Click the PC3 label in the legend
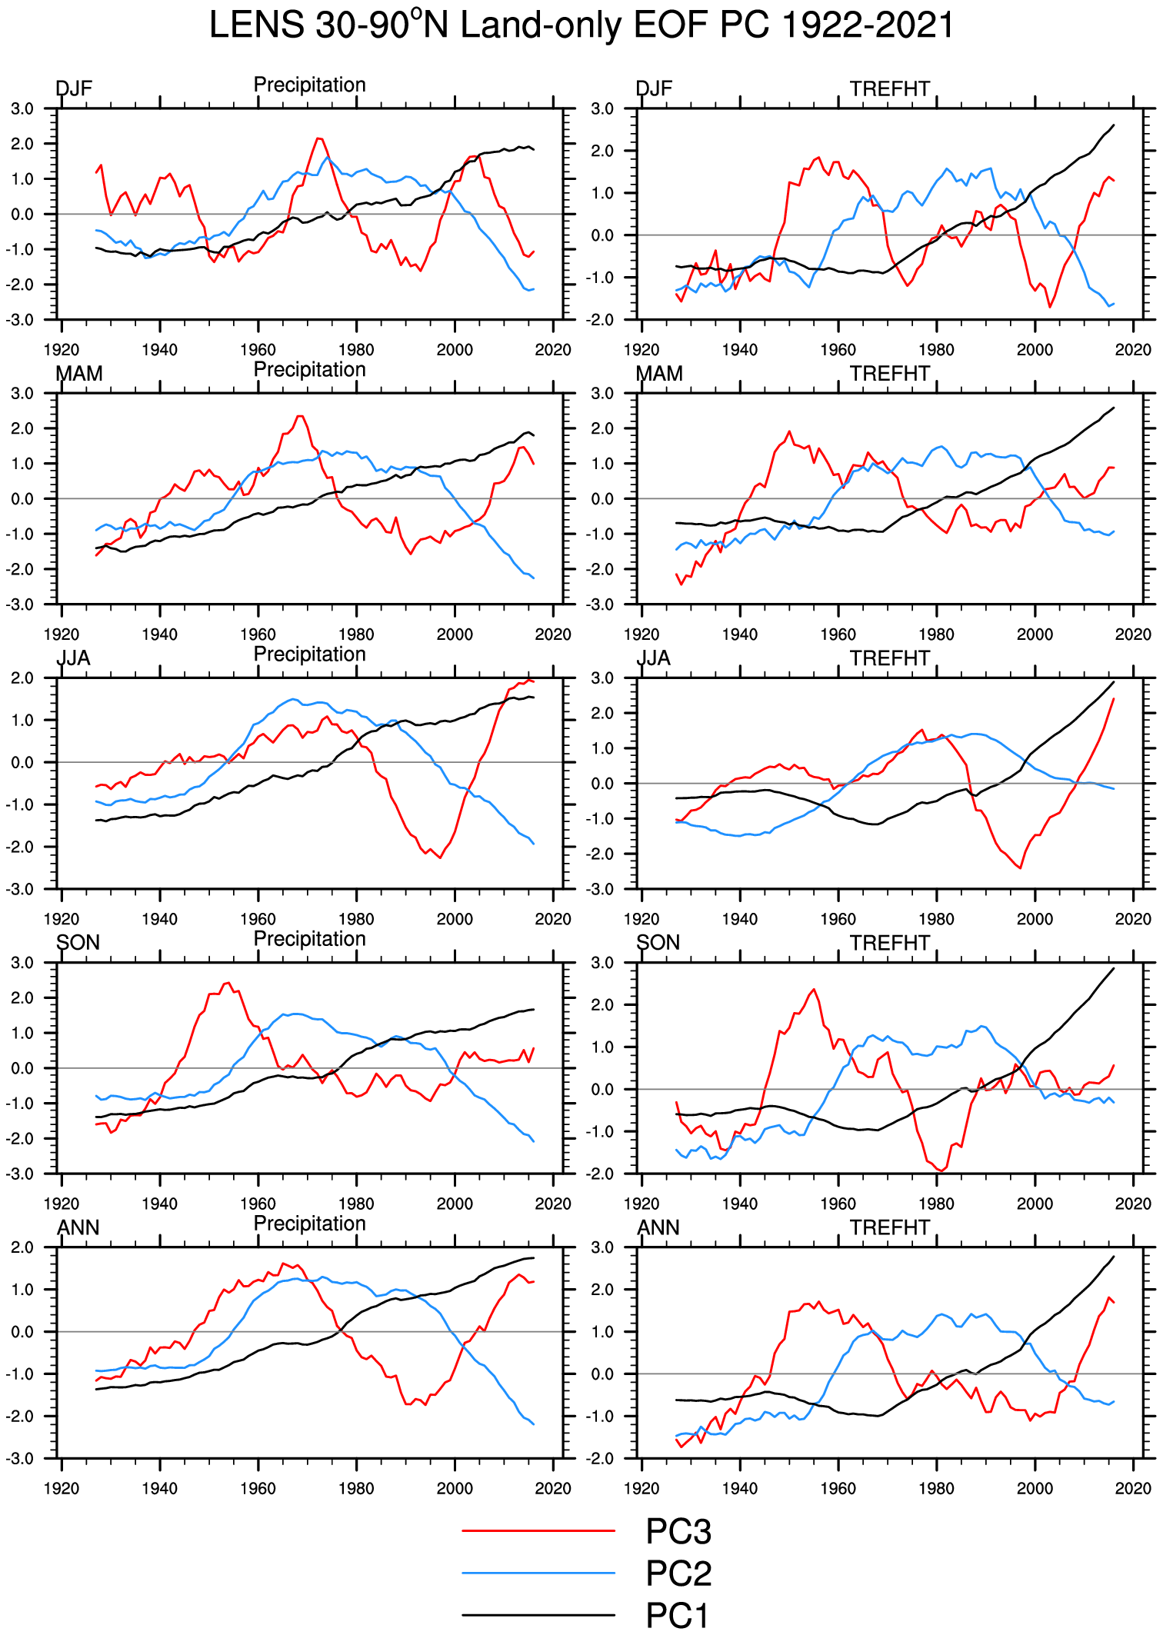coord(678,1531)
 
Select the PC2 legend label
coord(678,1573)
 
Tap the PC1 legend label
coord(677,1615)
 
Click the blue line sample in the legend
coord(538,1573)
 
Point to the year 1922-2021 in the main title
coord(867,25)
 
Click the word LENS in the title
coord(256,25)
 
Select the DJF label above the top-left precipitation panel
coord(74,89)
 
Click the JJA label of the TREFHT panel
coord(654,658)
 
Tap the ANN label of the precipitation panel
coord(78,1227)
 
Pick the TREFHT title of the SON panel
coord(890,943)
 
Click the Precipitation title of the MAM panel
coord(309,370)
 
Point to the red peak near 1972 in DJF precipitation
coord(319,138)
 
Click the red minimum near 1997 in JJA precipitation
coord(441,857)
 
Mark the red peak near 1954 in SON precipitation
coord(227,983)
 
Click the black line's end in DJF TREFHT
coord(1114,125)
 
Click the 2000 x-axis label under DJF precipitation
coord(455,350)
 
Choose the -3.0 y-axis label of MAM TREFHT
coord(602,604)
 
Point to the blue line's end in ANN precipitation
coord(534,1424)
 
